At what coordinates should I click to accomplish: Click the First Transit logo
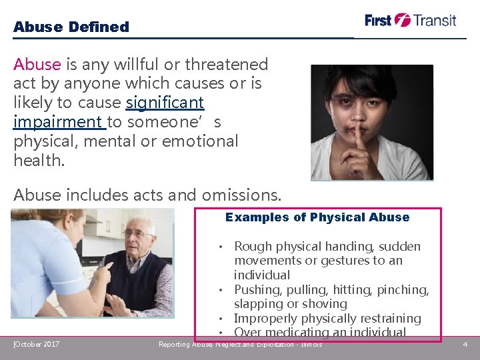(x=410, y=20)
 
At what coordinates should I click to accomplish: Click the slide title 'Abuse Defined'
(x=71, y=27)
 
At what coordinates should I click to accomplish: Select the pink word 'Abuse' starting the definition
(x=37, y=65)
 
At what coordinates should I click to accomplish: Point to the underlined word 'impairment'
(x=57, y=122)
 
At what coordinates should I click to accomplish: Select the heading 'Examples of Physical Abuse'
(x=317, y=217)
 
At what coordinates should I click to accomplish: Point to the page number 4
(x=465, y=344)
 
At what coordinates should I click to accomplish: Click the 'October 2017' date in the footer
(x=37, y=344)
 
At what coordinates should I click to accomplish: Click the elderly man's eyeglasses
(x=137, y=233)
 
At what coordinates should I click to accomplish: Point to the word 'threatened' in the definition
(x=227, y=65)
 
